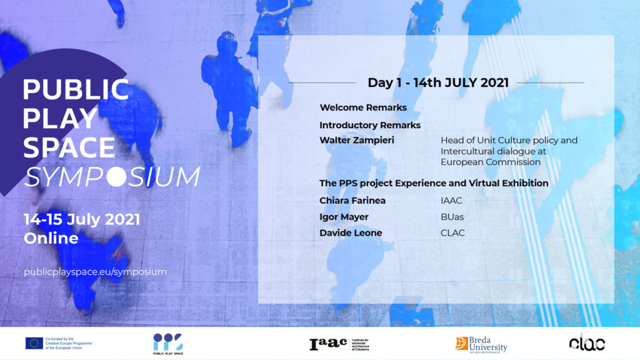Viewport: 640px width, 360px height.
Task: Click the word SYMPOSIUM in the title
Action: [x=112, y=177]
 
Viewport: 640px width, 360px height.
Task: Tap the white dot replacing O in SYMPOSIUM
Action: [x=116, y=177]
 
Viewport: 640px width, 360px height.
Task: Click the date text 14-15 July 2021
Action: [x=82, y=219]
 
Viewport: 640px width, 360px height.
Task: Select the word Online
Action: [x=51, y=238]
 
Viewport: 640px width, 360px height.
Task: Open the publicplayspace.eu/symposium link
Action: [x=95, y=272]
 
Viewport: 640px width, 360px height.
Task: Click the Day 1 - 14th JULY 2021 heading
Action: [x=438, y=82]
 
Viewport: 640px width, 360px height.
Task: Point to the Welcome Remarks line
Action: [x=363, y=107]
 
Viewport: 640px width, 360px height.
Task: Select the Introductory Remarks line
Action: [x=370, y=125]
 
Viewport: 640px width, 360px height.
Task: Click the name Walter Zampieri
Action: [x=357, y=140]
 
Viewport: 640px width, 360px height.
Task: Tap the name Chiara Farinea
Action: [x=352, y=201]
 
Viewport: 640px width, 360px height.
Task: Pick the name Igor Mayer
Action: [x=344, y=217]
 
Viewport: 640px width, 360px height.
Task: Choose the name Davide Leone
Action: [x=351, y=232]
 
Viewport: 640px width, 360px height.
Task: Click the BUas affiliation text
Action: [x=452, y=217]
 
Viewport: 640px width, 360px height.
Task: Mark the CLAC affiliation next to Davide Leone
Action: [x=452, y=232]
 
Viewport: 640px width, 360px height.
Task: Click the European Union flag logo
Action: [x=34, y=343]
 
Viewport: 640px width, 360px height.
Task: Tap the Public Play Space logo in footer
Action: [x=168, y=344]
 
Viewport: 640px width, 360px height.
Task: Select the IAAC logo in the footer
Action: [x=339, y=344]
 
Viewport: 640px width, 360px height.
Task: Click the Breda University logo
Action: [x=481, y=344]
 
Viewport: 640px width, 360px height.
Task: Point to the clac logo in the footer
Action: [x=587, y=342]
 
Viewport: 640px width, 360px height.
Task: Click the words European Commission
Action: [x=491, y=162]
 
